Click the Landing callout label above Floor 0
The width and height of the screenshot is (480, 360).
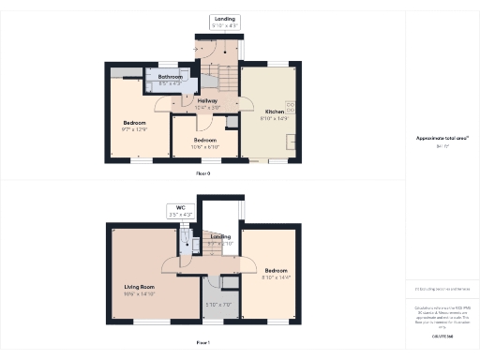[x=225, y=19]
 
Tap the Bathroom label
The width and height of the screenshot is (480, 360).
[x=170, y=76]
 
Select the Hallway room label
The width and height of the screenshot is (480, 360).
[x=207, y=100]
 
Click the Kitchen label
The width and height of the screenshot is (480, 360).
[x=273, y=111]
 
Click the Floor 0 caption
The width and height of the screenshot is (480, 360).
[x=203, y=174]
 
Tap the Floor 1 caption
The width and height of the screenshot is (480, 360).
[x=203, y=343]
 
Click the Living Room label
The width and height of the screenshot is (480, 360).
[x=139, y=287]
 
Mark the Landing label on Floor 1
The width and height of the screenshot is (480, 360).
[x=220, y=237]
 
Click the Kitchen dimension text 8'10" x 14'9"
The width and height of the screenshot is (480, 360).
[x=273, y=118]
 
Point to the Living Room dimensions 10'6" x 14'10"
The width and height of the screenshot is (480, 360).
[x=139, y=294]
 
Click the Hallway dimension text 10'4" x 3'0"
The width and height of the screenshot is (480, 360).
[x=207, y=108]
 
